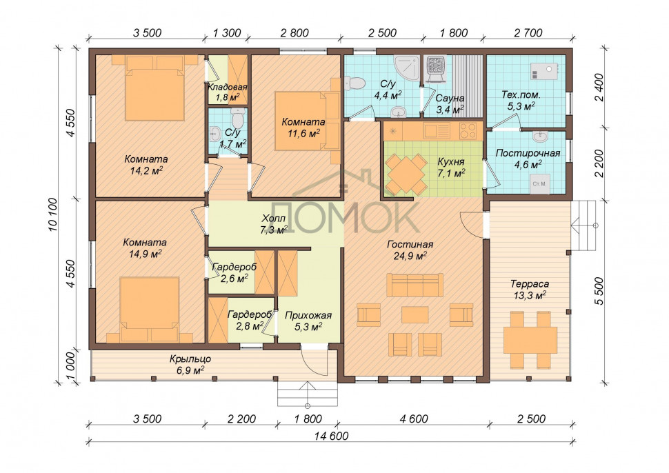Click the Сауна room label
pyautogui.click(x=450, y=99)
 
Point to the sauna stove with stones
pyautogui.click(x=436, y=68)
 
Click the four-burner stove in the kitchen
pyautogui.click(x=468, y=130)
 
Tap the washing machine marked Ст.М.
pyautogui.click(x=540, y=184)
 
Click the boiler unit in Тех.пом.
pyautogui.click(x=544, y=71)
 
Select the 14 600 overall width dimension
pyautogui.click(x=332, y=436)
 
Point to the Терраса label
pyautogui.click(x=530, y=284)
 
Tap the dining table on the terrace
pyautogui.click(x=530, y=340)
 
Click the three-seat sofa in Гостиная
pyautogui.click(x=415, y=285)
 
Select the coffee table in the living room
pyautogui.click(x=415, y=315)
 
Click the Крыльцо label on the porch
pyautogui.click(x=190, y=359)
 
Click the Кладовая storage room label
pyautogui.click(x=227, y=88)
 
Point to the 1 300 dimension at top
pyautogui.click(x=226, y=33)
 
